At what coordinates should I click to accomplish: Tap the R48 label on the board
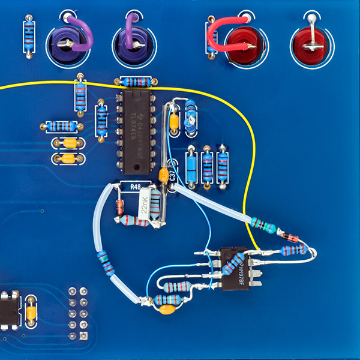pos(136,187)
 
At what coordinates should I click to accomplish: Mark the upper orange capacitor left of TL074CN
pos(67,143)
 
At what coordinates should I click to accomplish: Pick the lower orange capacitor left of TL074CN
pos(67,158)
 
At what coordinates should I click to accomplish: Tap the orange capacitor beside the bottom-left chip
pos(30,312)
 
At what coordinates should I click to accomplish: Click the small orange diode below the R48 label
pos(120,208)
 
